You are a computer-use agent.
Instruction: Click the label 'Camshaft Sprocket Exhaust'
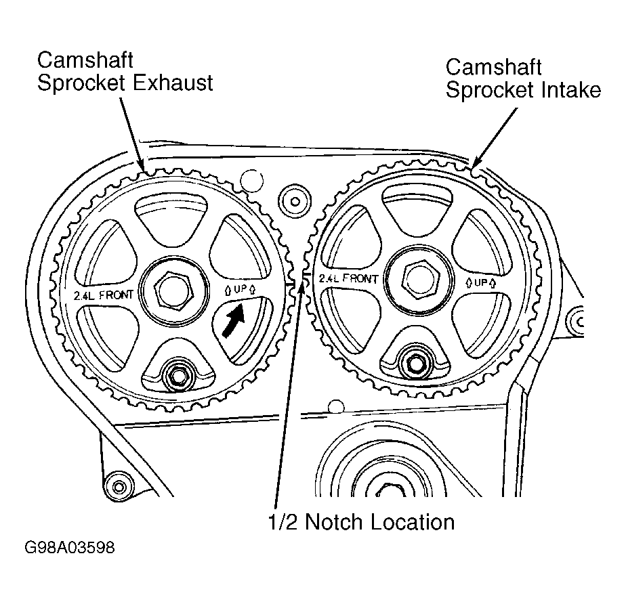tap(125, 70)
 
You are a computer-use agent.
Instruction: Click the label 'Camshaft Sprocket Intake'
tap(522, 79)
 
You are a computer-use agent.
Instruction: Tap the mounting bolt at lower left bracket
tap(120, 487)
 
